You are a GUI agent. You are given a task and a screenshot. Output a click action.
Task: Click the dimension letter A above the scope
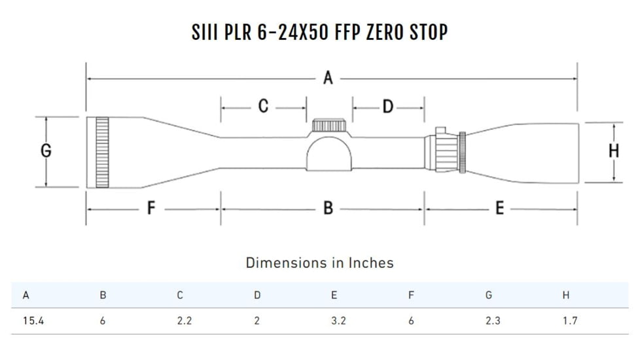click(x=328, y=79)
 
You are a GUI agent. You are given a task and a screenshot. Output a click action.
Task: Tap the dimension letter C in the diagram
click(x=263, y=106)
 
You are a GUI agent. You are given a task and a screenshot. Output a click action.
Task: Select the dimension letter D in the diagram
click(x=388, y=106)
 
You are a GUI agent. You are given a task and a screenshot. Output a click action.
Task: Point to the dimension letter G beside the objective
click(x=46, y=151)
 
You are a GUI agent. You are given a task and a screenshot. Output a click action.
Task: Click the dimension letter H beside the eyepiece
click(x=613, y=152)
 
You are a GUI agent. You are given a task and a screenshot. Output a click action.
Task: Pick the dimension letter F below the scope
click(x=151, y=209)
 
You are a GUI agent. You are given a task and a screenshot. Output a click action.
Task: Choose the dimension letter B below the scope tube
click(x=328, y=209)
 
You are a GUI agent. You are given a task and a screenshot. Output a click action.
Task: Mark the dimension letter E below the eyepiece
click(x=499, y=209)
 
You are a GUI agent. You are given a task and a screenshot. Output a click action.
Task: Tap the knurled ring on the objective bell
click(x=102, y=153)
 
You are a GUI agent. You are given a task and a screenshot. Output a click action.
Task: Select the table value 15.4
click(x=33, y=321)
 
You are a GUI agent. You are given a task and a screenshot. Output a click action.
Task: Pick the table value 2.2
click(x=184, y=321)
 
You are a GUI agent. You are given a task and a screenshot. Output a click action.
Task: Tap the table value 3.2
click(x=338, y=321)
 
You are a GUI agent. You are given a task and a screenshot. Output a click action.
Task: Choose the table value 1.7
click(x=570, y=321)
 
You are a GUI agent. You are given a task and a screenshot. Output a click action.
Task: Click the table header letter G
click(x=489, y=295)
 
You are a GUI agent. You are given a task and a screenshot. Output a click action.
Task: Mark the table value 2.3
click(x=493, y=321)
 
